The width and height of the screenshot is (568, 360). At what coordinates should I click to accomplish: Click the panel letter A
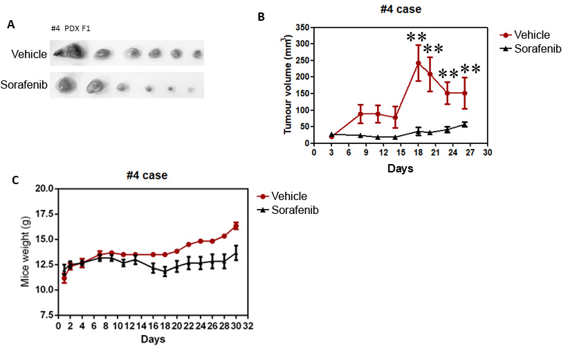[11, 25]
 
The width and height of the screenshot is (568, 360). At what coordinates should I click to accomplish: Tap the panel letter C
[16, 181]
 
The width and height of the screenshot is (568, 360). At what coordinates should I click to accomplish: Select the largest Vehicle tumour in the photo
[70, 50]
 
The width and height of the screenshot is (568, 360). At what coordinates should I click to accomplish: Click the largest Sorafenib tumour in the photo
[66, 85]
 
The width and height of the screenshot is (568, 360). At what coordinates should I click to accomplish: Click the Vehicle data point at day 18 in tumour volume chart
[419, 63]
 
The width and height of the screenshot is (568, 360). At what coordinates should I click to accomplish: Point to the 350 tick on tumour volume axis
[301, 27]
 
